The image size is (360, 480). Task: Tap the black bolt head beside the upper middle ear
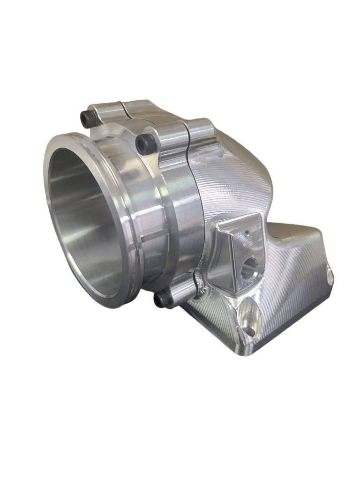[145, 140]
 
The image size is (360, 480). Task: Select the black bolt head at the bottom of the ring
[162, 297]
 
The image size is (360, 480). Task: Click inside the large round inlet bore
[89, 220]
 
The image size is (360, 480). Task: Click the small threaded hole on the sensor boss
[244, 232]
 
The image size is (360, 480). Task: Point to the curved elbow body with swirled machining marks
[234, 183]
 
